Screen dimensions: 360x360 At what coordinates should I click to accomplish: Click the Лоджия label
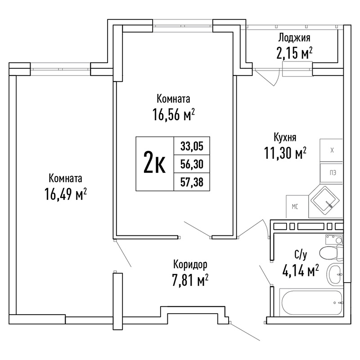294,38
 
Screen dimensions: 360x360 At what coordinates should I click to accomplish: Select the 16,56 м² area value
174,114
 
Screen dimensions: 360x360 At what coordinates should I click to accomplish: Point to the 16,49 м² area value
66,194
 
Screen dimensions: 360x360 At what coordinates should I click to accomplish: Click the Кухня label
285,138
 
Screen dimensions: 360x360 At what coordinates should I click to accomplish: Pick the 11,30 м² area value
285,153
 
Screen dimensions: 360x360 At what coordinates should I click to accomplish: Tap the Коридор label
190,265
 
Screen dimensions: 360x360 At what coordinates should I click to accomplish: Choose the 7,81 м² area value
190,280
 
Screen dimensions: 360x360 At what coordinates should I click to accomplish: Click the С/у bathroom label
301,255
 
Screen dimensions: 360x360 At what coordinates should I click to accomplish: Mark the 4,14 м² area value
300,271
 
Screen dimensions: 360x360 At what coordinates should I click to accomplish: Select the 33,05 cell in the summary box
192,146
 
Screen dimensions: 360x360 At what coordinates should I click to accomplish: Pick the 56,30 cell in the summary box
192,164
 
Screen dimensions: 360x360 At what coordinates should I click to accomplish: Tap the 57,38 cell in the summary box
192,182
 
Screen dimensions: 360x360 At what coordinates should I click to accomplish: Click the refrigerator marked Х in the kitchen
331,150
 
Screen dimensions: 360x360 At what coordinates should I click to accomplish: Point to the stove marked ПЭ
331,173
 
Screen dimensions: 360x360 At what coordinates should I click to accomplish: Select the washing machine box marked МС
297,207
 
